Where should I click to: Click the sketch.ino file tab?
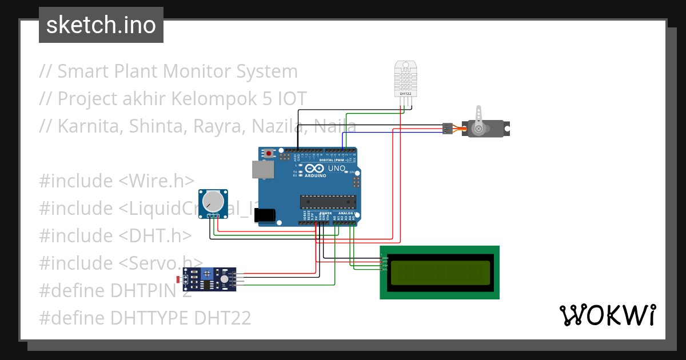(x=101, y=25)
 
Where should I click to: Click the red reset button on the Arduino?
(x=269, y=153)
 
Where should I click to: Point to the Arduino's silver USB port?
(x=262, y=170)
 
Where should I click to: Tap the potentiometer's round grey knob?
(x=213, y=200)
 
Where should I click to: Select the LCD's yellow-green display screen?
(x=440, y=273)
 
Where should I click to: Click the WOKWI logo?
(x=607, y=315)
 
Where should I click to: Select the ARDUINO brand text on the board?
(x=316, y=175)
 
